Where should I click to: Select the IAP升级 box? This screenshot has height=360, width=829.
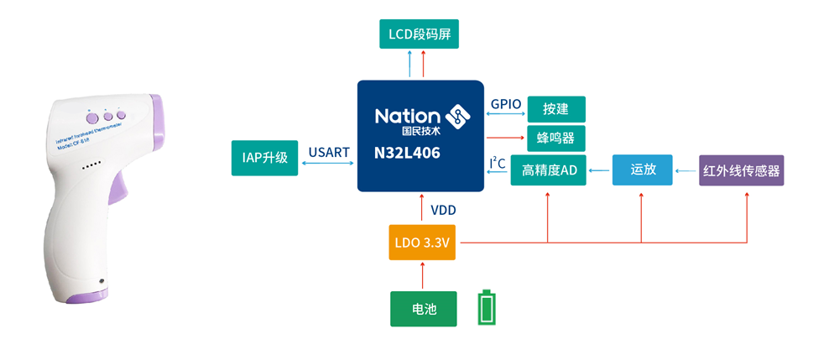pyautogui.click(x=265, y=158)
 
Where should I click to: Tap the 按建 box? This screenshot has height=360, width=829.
pyautogui.click(x=555, y=109)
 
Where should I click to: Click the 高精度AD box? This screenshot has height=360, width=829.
pyautogui.click(x=549, y=170)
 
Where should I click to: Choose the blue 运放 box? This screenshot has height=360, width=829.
pyautogui.click(x=642, y=170)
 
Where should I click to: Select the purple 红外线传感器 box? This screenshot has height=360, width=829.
pyautogui.click(x=741, y=170)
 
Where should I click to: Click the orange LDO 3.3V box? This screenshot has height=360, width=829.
pyautogui.click(x=422, y=243)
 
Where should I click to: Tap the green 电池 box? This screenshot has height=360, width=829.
pyautogui.click(x=424, y=309)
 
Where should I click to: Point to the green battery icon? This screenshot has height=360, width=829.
pyautogui.click(x=487, y=308)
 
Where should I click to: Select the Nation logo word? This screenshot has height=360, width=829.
pyautogui.click(x=407, y=116)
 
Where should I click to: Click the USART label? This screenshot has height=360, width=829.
pyautogui.click(x=329, y=152)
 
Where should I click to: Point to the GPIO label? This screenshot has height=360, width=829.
pyautogui.click(x=506, y=104)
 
